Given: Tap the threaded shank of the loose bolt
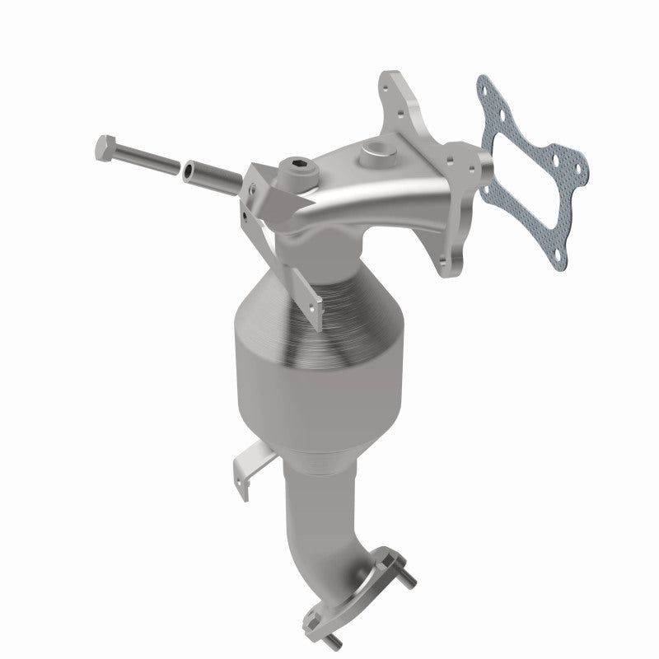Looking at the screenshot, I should (148, 160).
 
